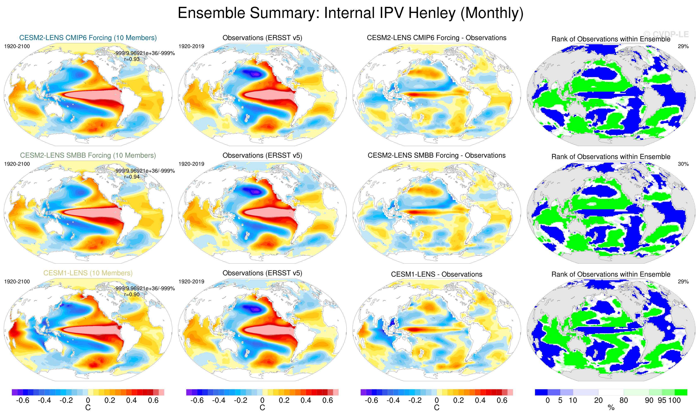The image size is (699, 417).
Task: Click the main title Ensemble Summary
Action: pyautogui.click(x=350, y=13)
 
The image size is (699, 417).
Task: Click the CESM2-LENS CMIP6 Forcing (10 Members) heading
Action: pyautogui.click(x=88, y=38)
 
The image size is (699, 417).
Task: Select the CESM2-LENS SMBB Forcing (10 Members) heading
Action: pyautogui.click(x=88, y=155)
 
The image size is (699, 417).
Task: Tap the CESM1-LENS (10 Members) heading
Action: pyautogui.click(x=88, y=273)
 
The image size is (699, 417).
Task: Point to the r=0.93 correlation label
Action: pyautogui.click(x=132, y=59)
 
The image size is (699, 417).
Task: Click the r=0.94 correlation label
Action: pyautogui.click(x=132, y=177)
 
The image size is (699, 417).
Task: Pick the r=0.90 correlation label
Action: pyautogui.click(x=132, y=295)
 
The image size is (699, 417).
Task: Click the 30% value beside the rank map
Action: pyautogui.click(x=683, y=164)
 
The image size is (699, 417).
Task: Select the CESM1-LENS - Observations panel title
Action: pyautogui.click(x=437, y=274)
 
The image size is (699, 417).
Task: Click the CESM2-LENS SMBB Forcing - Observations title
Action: pyautogui.click(x=437, y=155)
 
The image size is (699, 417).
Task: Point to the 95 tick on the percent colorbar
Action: pyautogui.click(x=662, y=400)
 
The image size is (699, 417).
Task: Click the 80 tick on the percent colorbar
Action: pyautogui.click(x=624, y=400)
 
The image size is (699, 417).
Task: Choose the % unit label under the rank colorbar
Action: pyautogui.click(x=611, y=408)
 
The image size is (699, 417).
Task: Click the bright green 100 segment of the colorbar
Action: pyautogui.click(x=681, y=392)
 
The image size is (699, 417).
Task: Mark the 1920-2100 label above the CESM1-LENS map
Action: pyautogui.click(x=17, y=282)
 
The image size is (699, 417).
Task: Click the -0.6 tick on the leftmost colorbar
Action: pyautogui.click(x=23, y=400)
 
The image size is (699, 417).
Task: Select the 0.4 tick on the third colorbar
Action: pyautogui.click(x=480, y=400)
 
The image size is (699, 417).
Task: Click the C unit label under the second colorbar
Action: pyautogui.click(x=262, y=408)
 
